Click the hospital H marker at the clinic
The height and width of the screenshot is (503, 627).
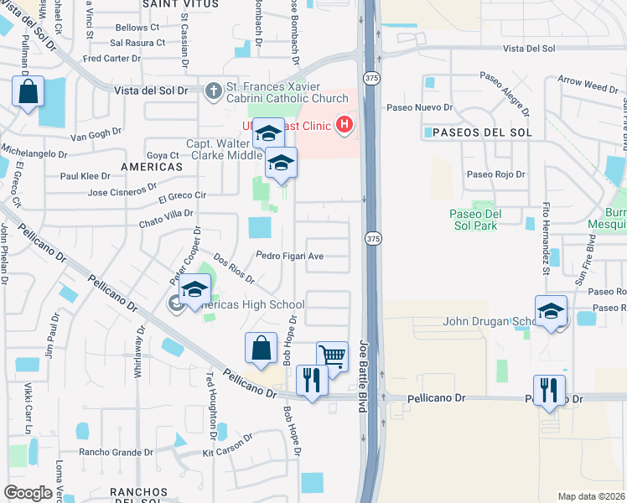click(x=343, y=127)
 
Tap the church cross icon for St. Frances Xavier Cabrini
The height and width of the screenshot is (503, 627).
click(x=214, y=90)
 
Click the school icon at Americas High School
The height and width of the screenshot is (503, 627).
click(x=195, y=288)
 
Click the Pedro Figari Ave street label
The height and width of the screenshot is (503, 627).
click(x=290, y=256)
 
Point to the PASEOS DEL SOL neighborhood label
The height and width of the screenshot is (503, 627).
click(x=477, y=132)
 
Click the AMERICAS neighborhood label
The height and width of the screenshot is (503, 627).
click(x=151, y=167)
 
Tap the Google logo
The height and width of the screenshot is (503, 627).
click(x=28, y=493)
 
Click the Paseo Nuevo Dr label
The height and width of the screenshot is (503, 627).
click(x=419, y=107)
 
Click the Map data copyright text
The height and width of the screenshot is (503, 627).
click(x=592, y=496)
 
